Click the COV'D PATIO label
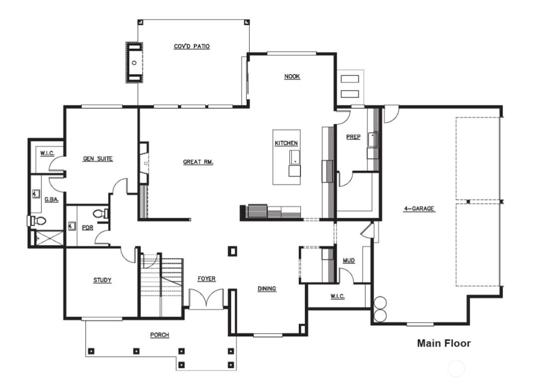[191, 46]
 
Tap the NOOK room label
[292, 77]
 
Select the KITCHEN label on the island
[286, 143]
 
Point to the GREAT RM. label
[198, 162]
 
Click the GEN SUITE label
[98, 159]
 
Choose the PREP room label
[353, 137]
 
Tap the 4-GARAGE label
[419, 209]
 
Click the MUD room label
[349, 261]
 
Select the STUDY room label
[102, 280]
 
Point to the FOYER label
[206, 279]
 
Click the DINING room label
[267, 289]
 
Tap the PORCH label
[159, 335]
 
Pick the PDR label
[88, 228]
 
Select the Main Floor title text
[443, 343]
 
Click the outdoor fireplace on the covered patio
[134, 62]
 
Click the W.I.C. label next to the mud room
[337, 296]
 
